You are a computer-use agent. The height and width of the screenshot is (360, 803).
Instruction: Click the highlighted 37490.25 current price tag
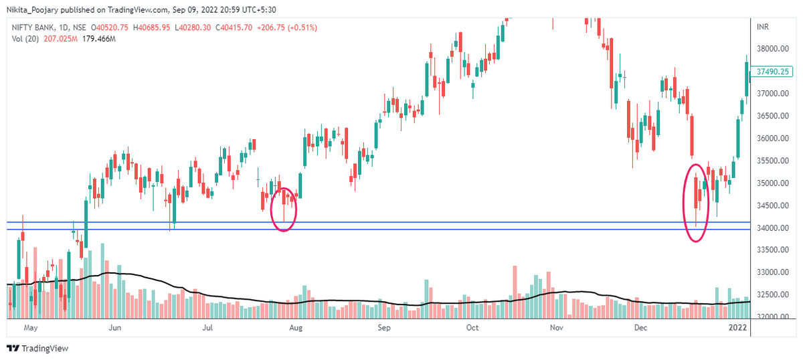pos(773,72)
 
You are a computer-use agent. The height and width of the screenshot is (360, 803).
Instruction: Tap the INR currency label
pos(762,27)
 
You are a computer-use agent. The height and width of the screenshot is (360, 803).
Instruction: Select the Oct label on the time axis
pos(472,328)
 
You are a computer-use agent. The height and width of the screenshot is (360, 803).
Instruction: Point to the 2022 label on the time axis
pos(737,328)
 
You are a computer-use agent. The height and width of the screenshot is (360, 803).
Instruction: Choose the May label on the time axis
pos(30,328)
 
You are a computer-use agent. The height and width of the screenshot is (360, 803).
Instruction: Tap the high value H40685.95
pos(154,27)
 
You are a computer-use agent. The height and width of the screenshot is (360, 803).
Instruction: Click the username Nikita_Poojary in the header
pos(35,9)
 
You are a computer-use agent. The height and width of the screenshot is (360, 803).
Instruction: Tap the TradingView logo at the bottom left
pos(37,348)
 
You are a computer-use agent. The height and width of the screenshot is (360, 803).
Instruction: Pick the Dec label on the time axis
pos(641,328)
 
